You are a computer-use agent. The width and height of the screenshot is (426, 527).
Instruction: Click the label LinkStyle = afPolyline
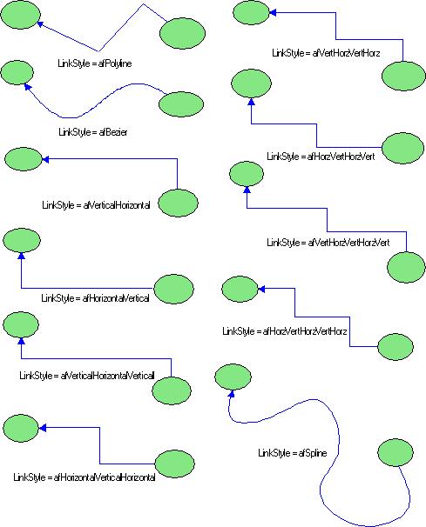[95, 63]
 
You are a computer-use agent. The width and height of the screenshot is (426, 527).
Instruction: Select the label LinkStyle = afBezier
[93, 132]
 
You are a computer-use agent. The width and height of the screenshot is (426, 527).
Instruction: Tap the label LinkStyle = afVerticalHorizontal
[96, 205]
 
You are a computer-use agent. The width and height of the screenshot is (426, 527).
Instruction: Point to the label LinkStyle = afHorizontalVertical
[95, 298]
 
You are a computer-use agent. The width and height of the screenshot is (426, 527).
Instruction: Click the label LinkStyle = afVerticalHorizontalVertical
[87, 376]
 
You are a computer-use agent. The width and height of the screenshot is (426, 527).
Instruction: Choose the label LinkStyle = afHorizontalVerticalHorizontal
[85, 477]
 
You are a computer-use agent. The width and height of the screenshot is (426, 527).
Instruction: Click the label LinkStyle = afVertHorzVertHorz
[326, 53]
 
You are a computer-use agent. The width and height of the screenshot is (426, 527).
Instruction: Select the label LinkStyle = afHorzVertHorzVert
[321, 157]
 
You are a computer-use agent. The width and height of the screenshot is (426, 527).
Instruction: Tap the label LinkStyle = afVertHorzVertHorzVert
[328, 243]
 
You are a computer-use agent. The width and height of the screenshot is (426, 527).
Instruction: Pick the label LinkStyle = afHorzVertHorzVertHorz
[285, 331]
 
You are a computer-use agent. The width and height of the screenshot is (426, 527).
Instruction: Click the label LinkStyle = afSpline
[293, 453]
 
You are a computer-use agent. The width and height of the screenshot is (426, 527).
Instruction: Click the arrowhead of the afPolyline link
[40, 24]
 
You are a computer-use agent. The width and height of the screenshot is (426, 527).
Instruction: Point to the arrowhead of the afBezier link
[28, 87]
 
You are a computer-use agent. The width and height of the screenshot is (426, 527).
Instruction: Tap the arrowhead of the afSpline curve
[232, 394]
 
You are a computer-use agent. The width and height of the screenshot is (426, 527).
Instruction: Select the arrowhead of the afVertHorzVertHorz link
[273, 13]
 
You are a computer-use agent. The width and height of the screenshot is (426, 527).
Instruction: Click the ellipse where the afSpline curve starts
[396, 452]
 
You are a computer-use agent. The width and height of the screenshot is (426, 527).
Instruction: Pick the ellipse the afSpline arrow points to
[233, 377]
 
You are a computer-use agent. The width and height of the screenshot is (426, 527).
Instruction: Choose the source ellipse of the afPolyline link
[183, 33]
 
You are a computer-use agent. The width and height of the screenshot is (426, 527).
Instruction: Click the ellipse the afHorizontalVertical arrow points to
[22, 240]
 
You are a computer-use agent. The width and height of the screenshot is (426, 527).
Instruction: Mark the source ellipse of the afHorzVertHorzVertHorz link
[396, 347]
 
